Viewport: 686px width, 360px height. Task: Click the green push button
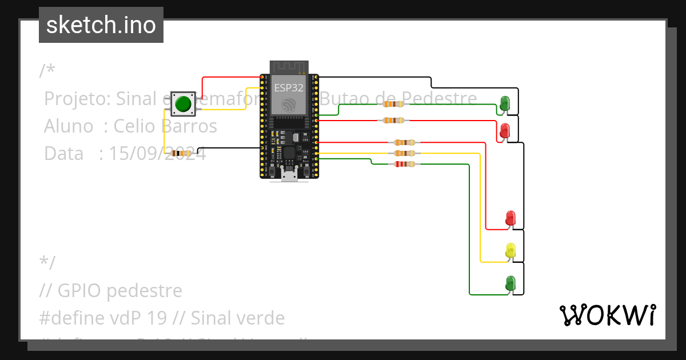pyautogui.click(x=183, y=104)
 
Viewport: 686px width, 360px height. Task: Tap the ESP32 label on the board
pyautogui.click(x=289, y=88)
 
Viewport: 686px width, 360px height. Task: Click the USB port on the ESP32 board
pyautogui.click(x=289, y=175)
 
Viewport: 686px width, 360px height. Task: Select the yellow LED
pyautogui.click(x=510, y=250)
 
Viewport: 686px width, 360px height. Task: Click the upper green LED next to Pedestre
pyautogui.click(x=505, y=103)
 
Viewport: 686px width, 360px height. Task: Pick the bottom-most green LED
pyautogui.click(x=510, y=283)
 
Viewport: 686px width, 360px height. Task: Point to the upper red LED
pyautogui.click(x=505, y=130)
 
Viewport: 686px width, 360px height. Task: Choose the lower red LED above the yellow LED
pyautogui.click(x=510, y=218)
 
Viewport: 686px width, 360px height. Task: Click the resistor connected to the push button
pyautogui.click(x=181, y=153)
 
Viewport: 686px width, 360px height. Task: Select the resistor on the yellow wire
pyautogui.click(x=404, y=153)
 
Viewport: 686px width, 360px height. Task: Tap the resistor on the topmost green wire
pyautogui.click(x=393, y=104)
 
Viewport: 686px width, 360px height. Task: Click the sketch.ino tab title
pyautogui.click(x=101, y=25)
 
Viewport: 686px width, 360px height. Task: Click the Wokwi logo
pyautogui.click(x=607, y=315)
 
